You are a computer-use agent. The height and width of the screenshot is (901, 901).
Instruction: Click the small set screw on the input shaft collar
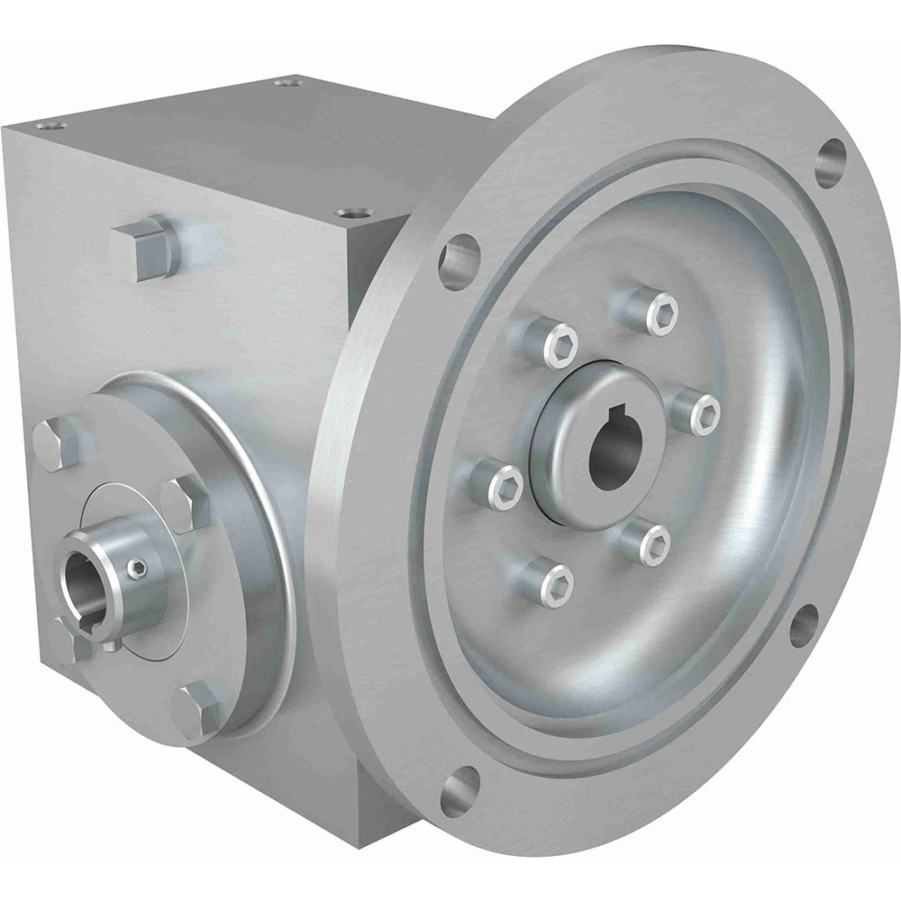pos(135,568)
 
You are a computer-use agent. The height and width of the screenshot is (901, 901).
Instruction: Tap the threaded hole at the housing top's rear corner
pos(287,82)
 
